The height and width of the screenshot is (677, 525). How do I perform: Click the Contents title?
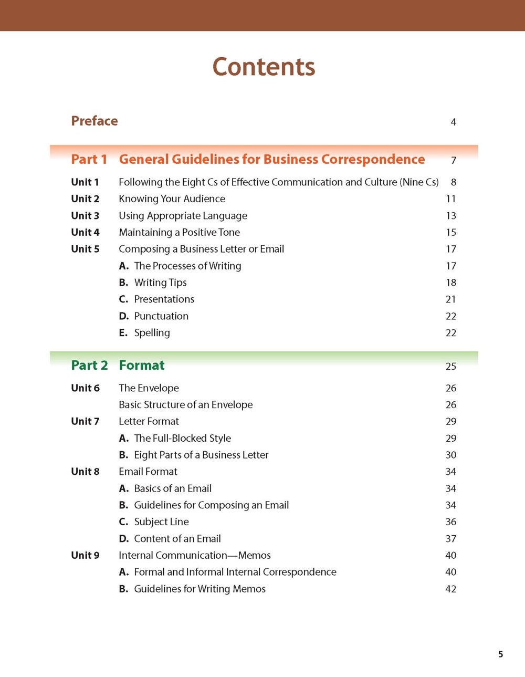pyautogui.click(x=264, y=67)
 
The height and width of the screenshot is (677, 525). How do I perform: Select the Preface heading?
pyautogui.click(x=94, y=121)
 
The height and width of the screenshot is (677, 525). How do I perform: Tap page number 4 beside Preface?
pyautogui.click(x=453, y=122)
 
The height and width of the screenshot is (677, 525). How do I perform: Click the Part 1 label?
pyautogui.click(x=89, y=160)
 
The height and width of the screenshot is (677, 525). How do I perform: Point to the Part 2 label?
pyautogui.click(x=89, y=366)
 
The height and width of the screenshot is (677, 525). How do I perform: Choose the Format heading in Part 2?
pyautogui.click(x=142, y=366)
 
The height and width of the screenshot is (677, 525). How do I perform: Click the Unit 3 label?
pyautogui.click(x=85, y=216)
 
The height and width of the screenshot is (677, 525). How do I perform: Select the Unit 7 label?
pyautogui.click(x=85, y=421)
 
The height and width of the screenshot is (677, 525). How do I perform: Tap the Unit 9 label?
pyautogui.click(x=85, y=555)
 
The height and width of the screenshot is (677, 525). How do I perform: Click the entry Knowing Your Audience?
pyautogui.click(x=172, y=199)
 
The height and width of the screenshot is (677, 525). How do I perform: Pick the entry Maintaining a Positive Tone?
pyautogui.click(x=179, y=233)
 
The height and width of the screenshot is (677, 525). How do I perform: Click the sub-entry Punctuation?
pyautogui.click(x=161, y=316)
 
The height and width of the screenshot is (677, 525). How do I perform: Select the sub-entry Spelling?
pyautogui.click(x=152, y=333)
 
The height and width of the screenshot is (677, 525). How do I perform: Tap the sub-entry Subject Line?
pyautogui.click(x=161, y=522)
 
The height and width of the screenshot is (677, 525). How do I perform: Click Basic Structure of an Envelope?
pyautogui.click(x=185, y=405)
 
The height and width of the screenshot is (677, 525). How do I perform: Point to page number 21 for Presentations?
pyautogui.click(x=450, y=299)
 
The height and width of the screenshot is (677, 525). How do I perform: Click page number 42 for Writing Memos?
pyautogui.click(x=450, y=589)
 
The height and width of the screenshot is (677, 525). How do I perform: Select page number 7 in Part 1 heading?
pyautogui.click(x=454, y=161)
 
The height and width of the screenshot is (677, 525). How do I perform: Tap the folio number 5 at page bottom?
pyautogui.click(x=500, y=654)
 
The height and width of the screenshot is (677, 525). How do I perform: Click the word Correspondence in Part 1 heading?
pyautogui.click(x=373, y=160)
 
